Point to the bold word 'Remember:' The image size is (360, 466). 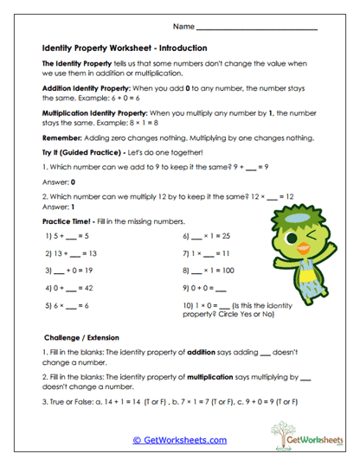[61, 137]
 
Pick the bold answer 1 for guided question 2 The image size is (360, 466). [73, 207]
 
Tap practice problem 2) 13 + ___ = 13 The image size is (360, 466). [71, 253]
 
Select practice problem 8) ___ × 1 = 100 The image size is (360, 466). [210, 271]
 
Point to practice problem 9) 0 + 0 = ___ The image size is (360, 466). [205, 288]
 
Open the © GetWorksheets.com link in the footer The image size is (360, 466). [179, 439]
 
